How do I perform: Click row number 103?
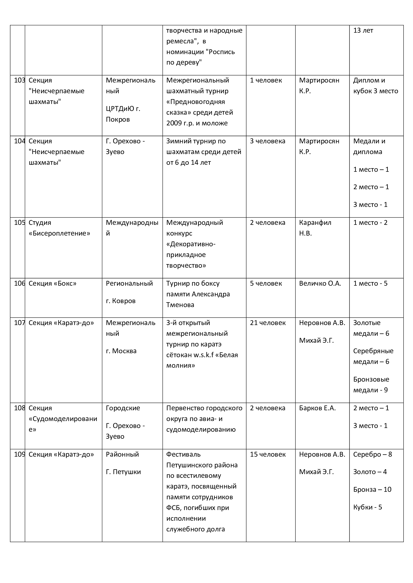19,80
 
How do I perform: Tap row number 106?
19,283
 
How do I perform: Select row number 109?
19,454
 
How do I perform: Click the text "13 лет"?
363,30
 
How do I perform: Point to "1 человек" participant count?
266,80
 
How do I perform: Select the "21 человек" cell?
267,323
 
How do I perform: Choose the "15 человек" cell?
267,454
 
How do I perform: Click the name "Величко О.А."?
320,283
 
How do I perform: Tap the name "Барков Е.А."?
317,408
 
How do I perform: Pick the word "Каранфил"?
315,223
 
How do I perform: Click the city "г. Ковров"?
121,301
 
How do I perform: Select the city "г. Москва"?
121,351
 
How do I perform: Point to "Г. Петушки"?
123,472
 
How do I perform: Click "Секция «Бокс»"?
52,283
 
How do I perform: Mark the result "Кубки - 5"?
368,507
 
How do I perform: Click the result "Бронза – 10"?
372,489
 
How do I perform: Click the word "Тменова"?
180,305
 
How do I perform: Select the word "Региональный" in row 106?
129,283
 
